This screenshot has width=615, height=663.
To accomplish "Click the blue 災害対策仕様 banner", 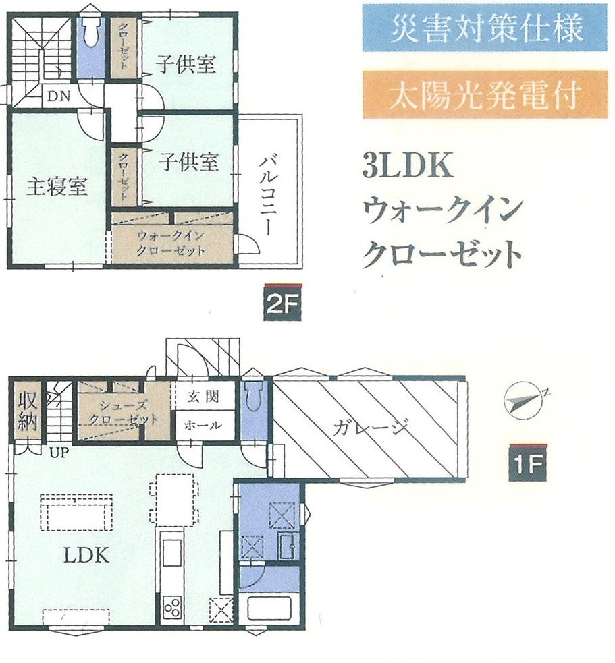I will (x=484, y=28).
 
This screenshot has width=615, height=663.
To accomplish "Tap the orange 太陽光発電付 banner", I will (x=484, y=95).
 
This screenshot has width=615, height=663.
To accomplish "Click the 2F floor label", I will (x=282, y=304).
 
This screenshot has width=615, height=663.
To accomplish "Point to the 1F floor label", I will (x=528, y=465).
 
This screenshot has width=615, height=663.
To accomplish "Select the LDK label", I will (x=86, y=555).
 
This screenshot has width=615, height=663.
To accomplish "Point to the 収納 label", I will (x=27, y=409).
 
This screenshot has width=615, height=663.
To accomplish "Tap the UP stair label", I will (x=58, y=452).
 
